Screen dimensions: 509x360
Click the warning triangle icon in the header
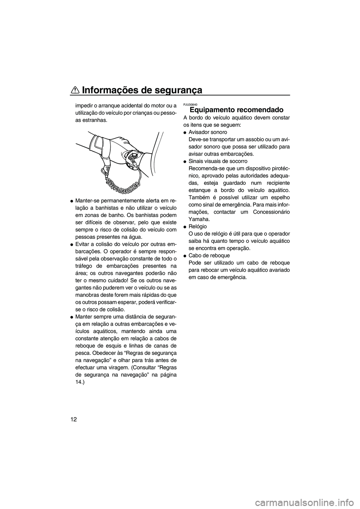(74, 90)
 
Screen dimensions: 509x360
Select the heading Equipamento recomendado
(236, 110)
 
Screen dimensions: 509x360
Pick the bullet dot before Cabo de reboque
(185, 256)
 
